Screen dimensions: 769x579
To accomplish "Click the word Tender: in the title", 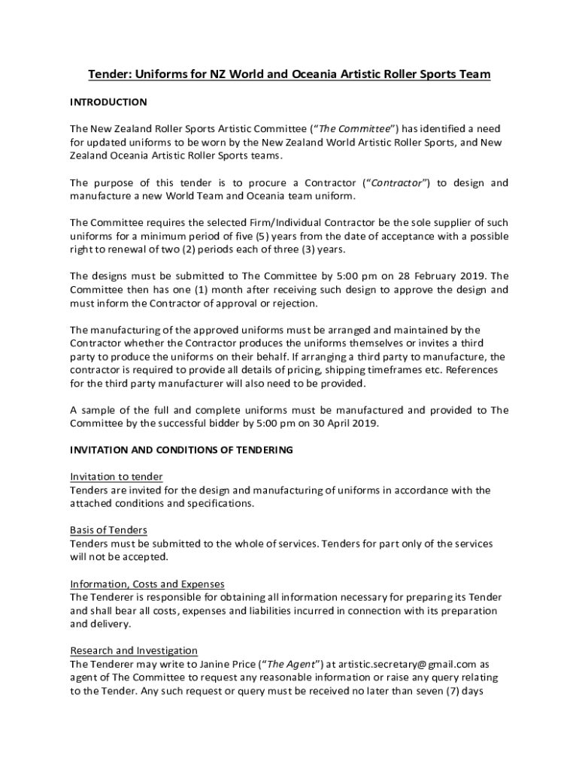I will tap(111, 74).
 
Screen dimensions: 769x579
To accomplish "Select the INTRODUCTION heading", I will tap(108, 101).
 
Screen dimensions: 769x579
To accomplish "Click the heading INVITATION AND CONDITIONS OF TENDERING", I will tap(181, 450).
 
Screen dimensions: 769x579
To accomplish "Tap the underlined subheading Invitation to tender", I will tap(117, 477).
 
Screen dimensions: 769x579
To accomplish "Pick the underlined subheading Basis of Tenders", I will tap(108, 530).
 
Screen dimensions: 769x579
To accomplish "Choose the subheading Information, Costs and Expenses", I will tap(147, 584).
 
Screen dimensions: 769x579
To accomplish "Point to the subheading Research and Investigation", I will tap(134, 650).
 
